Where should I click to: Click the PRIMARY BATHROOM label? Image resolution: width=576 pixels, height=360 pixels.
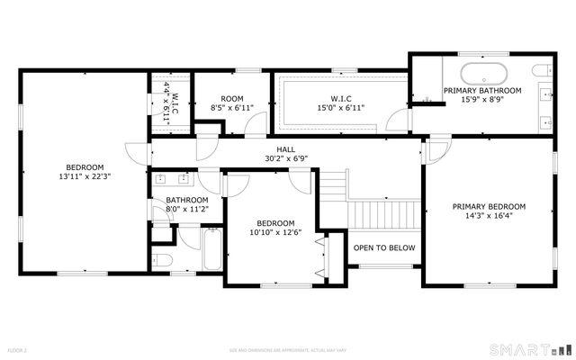(x=481, y=91)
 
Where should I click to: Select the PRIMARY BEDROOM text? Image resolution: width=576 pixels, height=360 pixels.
(x=489, y=206)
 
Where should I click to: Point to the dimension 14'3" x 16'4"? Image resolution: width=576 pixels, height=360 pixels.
(x=489, y=216)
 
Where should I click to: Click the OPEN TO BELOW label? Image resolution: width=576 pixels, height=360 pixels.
(x=384, y=247)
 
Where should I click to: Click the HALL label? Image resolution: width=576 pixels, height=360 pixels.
(x=286, y=149)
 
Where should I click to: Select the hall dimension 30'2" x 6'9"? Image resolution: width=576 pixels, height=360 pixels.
(x=286, y=158)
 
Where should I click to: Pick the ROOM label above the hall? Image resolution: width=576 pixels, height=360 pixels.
(x=232, y=98)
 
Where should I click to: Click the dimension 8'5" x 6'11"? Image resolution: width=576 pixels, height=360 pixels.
(x=232, y=107)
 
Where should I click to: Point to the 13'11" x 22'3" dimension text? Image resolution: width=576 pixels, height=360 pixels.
(x=85, y=176)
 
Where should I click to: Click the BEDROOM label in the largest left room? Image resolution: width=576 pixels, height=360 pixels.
(x=85, y=166)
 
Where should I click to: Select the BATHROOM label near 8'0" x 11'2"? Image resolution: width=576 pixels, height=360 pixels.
(x=186, y=200)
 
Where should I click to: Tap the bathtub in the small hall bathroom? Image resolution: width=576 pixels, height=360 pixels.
(x=211, y=251)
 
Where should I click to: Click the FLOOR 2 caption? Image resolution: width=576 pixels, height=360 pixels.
(x=18, y=349)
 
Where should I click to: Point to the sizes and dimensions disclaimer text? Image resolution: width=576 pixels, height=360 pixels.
(x=287, y=349)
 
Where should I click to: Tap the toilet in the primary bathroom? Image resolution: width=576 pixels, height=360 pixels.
(x=541, y=70)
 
